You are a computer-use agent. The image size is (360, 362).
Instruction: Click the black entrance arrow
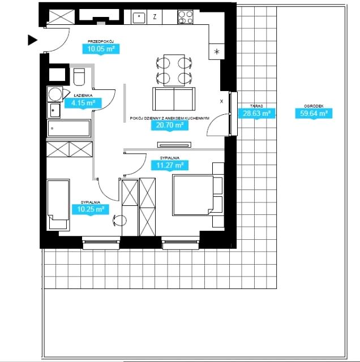(32, 40)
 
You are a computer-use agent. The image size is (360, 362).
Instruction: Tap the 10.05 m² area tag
(101, 49)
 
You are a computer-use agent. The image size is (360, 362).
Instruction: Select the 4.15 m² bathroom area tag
(83, 103)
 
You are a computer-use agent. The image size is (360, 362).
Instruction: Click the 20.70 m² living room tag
(170, 126)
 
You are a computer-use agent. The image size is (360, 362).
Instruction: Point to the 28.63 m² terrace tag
(257, 114)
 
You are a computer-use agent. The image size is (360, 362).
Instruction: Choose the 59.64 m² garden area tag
(314, 114)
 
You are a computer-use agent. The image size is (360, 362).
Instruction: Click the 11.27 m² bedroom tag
(170, 166)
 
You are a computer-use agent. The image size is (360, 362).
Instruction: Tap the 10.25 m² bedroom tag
(91, 209)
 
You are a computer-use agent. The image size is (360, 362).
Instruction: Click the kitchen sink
(139, 18)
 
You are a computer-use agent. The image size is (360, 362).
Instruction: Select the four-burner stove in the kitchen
(185, 17)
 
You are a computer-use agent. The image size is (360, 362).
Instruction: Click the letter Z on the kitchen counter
(155, 16)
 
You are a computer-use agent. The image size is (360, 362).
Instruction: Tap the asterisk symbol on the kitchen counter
(216, 51)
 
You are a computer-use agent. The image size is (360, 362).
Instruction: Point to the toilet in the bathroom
(79, 77)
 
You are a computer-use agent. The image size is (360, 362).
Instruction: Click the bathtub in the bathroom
(68, 128)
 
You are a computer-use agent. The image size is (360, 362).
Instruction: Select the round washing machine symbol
(55, 94)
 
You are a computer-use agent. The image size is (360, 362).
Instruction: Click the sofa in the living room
(174, 99)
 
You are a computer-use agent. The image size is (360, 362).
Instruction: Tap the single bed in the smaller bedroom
(58, 205)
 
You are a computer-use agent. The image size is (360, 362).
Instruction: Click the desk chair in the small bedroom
(119, 221)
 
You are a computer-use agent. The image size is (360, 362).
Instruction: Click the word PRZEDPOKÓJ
(101, 41)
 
